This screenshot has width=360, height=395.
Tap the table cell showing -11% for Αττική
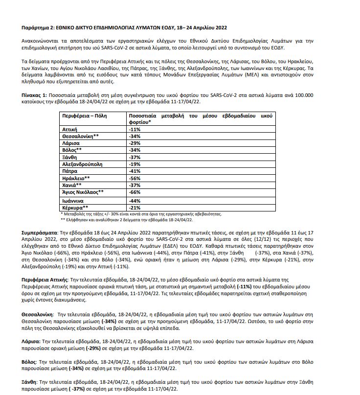click(x=135, y=129)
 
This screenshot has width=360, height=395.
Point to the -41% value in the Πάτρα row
click(x=135, y=172)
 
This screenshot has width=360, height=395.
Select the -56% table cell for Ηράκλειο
click(x=135, y=179)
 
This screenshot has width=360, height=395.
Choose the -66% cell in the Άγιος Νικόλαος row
click(x=135, y=192)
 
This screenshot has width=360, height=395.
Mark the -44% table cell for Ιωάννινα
click(x=135, y=201)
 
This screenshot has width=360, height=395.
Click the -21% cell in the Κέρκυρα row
click(x=135, y=208)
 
